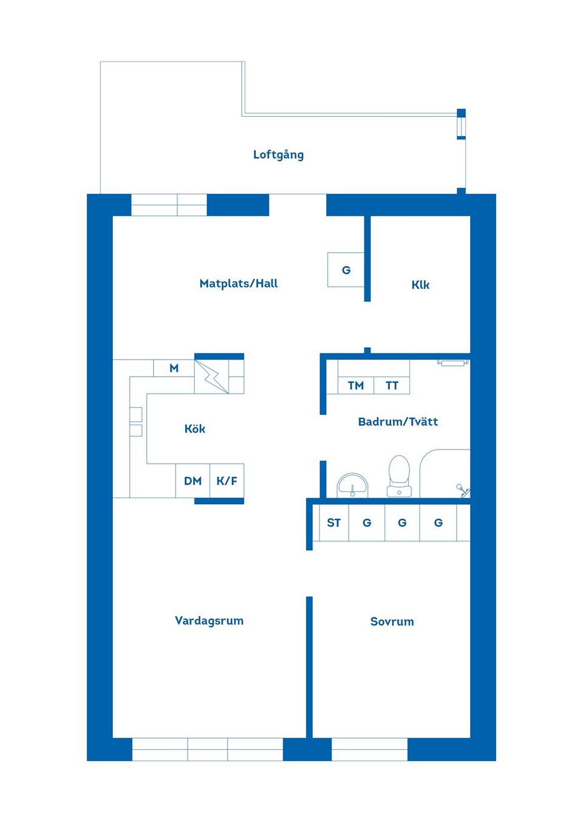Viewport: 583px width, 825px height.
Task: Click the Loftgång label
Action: [278, 154]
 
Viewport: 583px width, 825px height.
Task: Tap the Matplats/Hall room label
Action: [238, 283]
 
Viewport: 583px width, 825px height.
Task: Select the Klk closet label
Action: [420, 284]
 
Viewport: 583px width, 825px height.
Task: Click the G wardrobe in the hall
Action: [346, 270]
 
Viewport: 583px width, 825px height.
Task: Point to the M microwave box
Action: [174, 368]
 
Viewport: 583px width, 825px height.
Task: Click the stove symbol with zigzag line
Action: [211, 377]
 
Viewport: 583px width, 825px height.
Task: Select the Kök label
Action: [194, 428]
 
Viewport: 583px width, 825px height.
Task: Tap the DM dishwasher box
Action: [193, 481]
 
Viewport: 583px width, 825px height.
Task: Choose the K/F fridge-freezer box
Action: [227, 481]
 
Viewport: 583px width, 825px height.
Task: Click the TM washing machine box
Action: [356, 385]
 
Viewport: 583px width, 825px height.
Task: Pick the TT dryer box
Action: [392, 385]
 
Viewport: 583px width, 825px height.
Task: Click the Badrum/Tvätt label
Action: [398, 422]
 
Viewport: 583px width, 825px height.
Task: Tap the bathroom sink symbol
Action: [352, 485]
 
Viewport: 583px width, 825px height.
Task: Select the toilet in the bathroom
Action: [399, 476]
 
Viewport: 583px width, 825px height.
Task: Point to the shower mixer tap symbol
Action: [463, 490]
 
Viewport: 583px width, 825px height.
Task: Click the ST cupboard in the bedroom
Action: [333, 522]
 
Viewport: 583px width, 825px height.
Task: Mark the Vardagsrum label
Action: [209, 620]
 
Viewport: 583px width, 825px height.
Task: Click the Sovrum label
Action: [392, 621]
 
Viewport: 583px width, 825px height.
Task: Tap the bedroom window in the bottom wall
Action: [369, 749]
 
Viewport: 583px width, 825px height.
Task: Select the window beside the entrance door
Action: [169, 205]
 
